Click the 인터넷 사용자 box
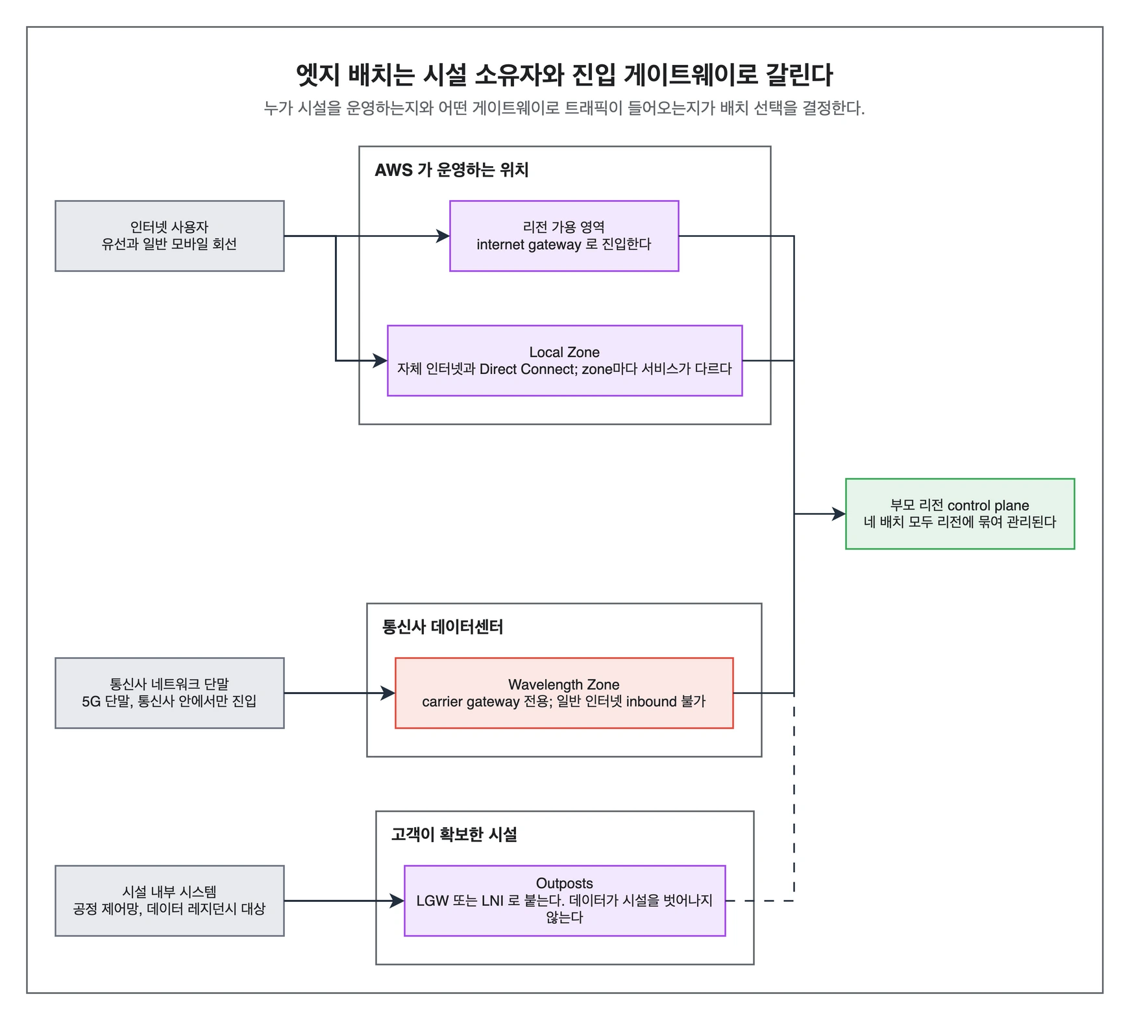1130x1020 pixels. pyautogui.click(x=169, y=236)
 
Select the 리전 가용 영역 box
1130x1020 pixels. pyautogui.click(x=564, y=236)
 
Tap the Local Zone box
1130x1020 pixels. pyautogui.click(x=565, y=360)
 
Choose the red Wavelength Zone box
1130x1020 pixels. pyautogui.click(x=564, y=693)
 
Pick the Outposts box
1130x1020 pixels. pyautogui.click(x=565, y=901)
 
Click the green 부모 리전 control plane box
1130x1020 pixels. pyautogui.click(x=960, y=514)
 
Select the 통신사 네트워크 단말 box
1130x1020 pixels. pyautogui.click(x=169, y=693)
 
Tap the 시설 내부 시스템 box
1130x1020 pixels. pyautogui.click(x=169, y=901)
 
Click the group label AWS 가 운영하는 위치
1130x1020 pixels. pyautogui.click(x=452, y=170)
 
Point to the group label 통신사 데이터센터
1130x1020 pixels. pyautogui.click(x=443, y=627)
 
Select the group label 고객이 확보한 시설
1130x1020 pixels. pyautogui.click(x=454, y=834)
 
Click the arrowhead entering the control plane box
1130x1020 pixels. pyautogui.click(x=839, y=514)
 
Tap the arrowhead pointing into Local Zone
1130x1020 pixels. pyautogui.click(x=381, y=360)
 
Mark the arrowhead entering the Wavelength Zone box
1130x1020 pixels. pyautogui.click(x=389, y=693)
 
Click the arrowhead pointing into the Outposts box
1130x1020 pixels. pyautogui.click(x=398, y=901)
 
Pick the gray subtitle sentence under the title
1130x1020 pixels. pyautogui.click(x=564, y=108)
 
